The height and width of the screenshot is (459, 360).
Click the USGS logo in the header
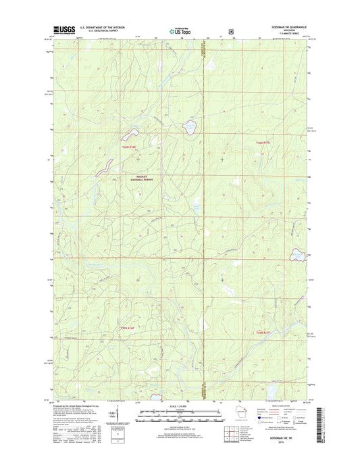(x=64, y=30)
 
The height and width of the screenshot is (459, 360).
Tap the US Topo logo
(x=180, y=30)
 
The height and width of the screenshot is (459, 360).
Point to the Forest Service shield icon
(x=232, y=30)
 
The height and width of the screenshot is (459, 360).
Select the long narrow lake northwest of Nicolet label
(x=105, y=167)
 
